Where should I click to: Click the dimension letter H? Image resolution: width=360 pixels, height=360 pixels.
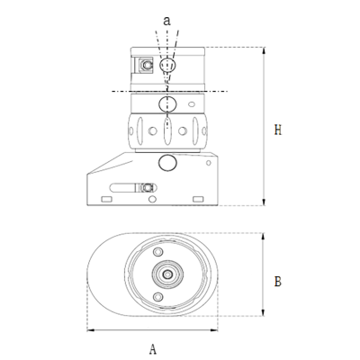point(275,130)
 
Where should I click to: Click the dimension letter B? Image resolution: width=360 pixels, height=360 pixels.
point(275,282)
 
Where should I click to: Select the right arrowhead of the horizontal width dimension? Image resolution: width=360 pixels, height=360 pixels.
point(218,329)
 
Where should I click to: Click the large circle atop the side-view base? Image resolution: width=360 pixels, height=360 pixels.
point(168,163)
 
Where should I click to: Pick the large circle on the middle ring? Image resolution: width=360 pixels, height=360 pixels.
point(168,103)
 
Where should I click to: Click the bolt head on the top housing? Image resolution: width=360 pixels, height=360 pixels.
point(144,65)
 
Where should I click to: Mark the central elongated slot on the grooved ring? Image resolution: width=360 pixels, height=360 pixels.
point(168,131)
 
